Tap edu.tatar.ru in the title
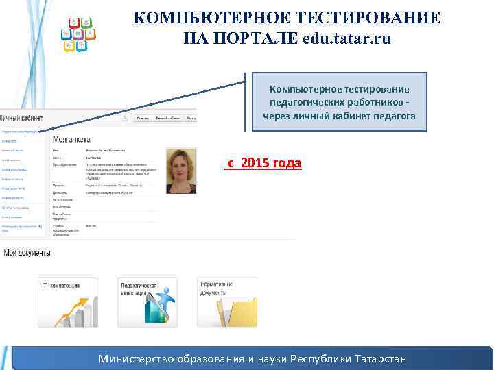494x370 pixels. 346,38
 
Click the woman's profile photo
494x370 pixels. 181,171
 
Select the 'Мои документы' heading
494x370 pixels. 27,253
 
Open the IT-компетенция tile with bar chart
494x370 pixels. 68,302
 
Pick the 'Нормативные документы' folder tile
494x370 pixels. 227,302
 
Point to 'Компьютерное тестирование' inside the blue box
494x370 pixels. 339,90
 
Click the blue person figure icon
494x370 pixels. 163,302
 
